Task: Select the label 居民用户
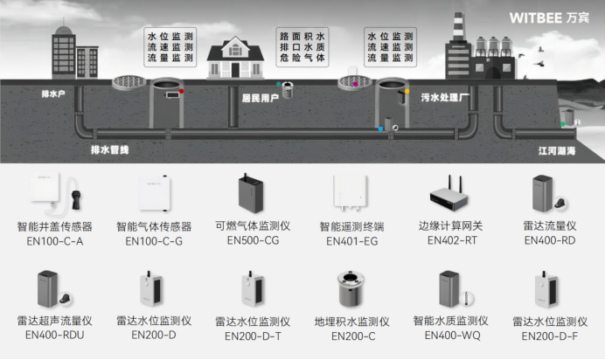pos(260,99)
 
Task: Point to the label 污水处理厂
pos(446,99)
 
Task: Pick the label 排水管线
pos(109,150)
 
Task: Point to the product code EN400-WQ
pos(451,335)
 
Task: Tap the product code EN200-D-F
pos(549,334)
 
